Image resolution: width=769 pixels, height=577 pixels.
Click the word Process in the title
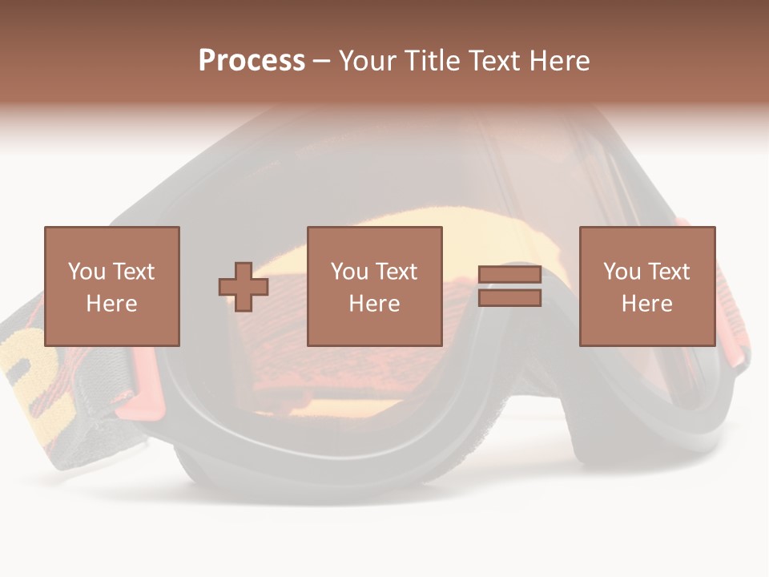coord(252,61)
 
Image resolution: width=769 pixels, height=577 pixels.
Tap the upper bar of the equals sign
coord(509,275)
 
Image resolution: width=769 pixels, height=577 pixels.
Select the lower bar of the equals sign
coord(509,298)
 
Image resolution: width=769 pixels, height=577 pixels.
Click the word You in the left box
coord(87,271)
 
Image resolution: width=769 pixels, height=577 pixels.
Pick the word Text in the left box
coord(133,271)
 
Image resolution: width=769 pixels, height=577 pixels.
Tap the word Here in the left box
coord(111,303)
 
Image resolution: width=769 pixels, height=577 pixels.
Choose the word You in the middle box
coord(349,271)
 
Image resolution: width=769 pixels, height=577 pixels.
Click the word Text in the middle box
coord(396,271)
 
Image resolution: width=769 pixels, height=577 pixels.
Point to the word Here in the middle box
coord(374,303)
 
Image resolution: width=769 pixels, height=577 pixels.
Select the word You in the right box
coord(622,271)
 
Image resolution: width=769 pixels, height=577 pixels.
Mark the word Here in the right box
coord(646,303)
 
